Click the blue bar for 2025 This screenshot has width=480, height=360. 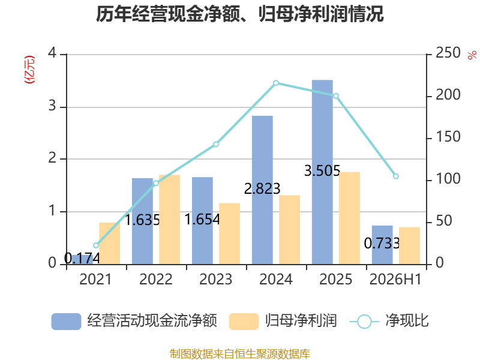coord(322,172)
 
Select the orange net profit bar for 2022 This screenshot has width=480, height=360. coord(170,220)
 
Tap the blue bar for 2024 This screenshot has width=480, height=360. coord(262,190)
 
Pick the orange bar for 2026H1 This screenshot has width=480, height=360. coord(409,246)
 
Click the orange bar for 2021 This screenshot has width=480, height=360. coord(110,244)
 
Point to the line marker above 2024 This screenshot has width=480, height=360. coord(276,83)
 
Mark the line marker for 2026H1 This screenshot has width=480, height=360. coord(396,176)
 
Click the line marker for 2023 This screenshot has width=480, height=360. coord(216,144)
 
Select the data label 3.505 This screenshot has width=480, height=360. coord(322,171)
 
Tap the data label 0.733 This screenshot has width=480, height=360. coord(382,244)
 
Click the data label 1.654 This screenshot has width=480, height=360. coord(202,220)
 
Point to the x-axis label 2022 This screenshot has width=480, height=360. coord(156,279)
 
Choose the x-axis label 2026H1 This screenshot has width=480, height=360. coord(395,279)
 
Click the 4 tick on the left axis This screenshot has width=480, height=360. coord(52,53)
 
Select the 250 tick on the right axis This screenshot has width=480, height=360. coord(448,53)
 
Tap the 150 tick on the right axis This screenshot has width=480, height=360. coord(448,137)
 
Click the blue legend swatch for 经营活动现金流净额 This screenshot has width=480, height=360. coord(66,322)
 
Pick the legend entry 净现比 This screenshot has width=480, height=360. coord(407,321)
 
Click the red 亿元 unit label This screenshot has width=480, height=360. coord(29,70)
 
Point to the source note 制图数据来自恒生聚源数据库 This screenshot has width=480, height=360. coord(240,354)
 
